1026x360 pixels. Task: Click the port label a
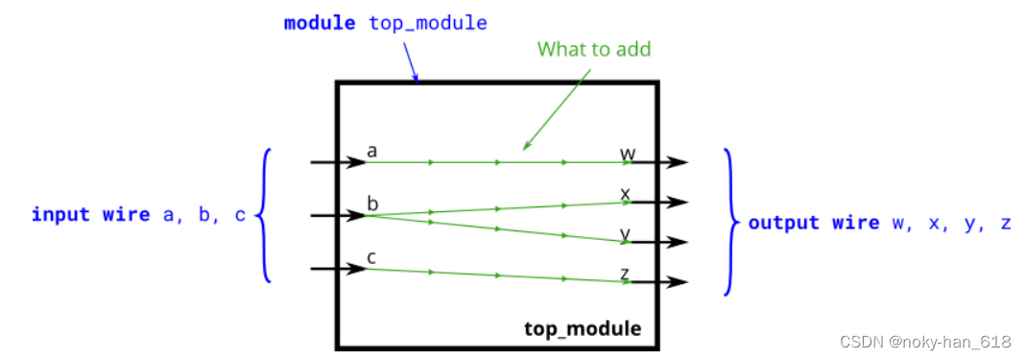pos(371,151)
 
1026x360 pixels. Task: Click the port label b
pos(372,204)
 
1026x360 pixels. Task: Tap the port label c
pos(371,256)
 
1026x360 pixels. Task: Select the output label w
pos(627,153)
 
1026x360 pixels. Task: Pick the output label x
pos(625,194)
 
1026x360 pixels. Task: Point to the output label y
pos(625,233)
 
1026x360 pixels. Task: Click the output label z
pos(625,274)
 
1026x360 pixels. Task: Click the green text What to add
pos(594,49)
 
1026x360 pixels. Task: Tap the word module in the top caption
pos(321,22)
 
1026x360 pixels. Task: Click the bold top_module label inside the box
pos(583,328)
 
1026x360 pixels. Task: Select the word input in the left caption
pos(61,214)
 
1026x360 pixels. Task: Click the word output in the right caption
pos(784,223)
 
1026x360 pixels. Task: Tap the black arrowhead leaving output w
pos(680,162)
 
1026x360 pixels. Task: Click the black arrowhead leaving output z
pos(680,282)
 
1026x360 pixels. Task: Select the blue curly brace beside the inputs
pos(264,215)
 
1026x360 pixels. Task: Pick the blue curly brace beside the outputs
pos(732,222)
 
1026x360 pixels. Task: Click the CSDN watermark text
pos(925,342)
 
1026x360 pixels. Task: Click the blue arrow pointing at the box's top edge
pos(411,64)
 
